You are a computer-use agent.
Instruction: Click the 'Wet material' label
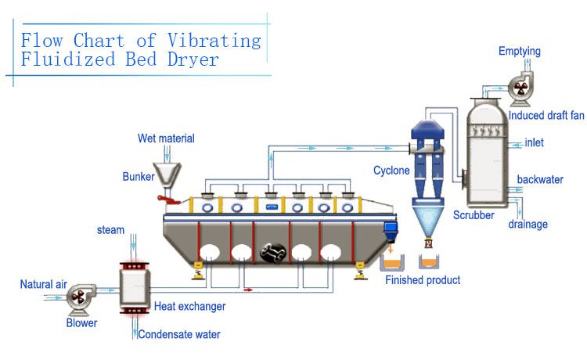pyautogui.click(x=166, y=139)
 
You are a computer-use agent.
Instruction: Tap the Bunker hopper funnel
pyautogui.click(x=166, y=173)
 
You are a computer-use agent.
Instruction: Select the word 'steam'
pyautogui.click(x=110, y=230)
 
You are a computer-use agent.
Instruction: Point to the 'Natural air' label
pyautogui.click(x=43, y=284)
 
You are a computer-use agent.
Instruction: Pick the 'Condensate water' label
pyautogui.click(x=179, y=335)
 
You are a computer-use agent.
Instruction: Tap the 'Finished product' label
pyautogui.click(x=423, y=280)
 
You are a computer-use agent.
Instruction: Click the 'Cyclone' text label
pyautogui.click(x=391, y=170)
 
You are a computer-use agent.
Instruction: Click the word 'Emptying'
pyautogui.click(x=520, y=52)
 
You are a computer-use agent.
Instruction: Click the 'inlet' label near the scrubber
pyautogui.click(x=534, y=142)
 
